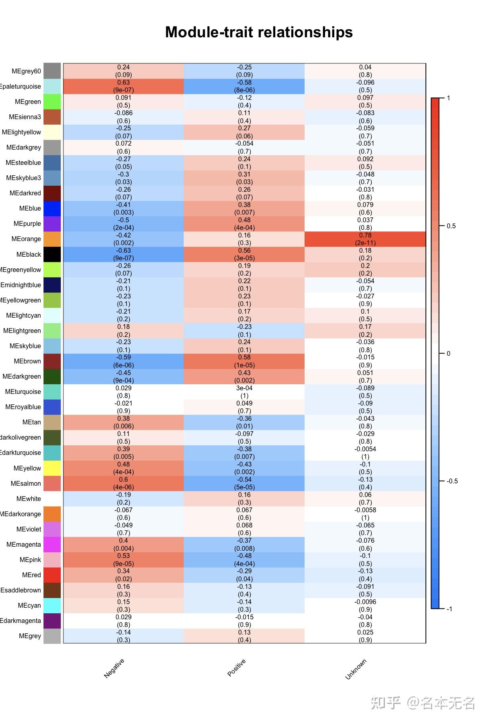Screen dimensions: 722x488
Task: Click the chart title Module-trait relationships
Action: pyautogui.click(x=259, y=32)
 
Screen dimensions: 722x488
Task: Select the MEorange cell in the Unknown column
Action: pyautogui.click(x=365, y=239)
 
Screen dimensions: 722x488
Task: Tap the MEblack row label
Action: pyautogui.click(x=28, y=254)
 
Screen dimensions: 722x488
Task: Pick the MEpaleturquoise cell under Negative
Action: pyautogui.click(x=123, y=86)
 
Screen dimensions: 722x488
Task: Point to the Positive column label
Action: pyautogui.click(x=236, y=668)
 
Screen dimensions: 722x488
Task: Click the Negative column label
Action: pyautogui.click(x=114, y=668)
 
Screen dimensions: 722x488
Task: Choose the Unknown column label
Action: pyautogui.click(x=356, y=669)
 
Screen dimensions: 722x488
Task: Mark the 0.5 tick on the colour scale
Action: pyautogui.click(x=451, y=226)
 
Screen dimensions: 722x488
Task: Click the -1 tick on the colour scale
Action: pyautogui.click(x=449, y=609)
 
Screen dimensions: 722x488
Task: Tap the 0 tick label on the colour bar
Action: pyautogui.click(x=449, y=353)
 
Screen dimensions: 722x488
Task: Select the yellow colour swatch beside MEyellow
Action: pyautogui.click(x=52, y=468)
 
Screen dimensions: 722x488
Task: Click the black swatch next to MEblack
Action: pyautogui.click(x=52, y=254)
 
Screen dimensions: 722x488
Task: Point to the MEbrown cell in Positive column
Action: pyautogui.click(x=244, y=361)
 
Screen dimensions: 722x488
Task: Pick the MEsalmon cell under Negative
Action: pyautogui.click(x=123, y=483)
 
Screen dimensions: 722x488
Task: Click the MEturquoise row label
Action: pyautogui.click(x=23, y=391)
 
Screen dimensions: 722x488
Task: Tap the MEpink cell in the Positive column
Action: pyautogui.click(x=244, y=560)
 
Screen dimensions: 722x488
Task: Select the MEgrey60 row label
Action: pyautogui.click(x=26, y=71)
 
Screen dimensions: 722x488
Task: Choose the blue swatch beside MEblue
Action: pyautogui.click(x=52, y=209)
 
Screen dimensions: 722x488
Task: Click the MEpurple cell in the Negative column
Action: pyautogui.click(x=123, y=224)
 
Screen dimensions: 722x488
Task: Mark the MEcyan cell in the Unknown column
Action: pyautogui.click(x=365, y=606)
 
